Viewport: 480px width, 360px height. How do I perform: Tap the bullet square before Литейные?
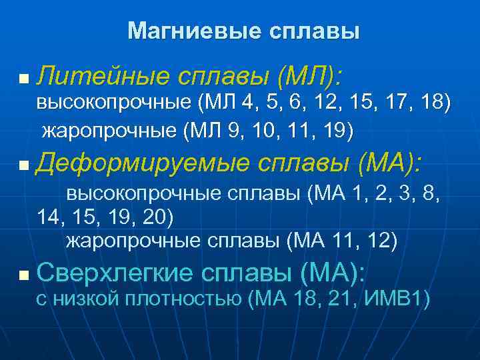point(24,79)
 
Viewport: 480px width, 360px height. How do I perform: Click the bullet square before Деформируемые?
point(24,164)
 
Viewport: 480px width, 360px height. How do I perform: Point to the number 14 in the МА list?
point(49,217)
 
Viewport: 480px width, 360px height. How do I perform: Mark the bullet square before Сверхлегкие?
point(24,274)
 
